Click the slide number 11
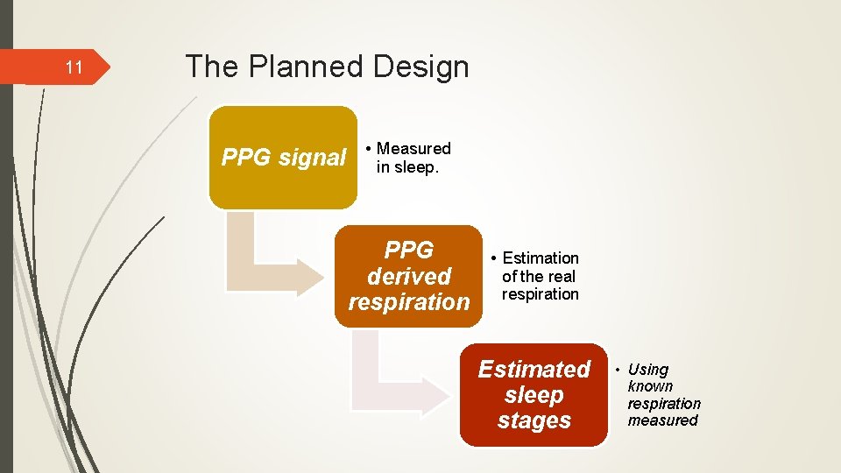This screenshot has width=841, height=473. click(74, 67)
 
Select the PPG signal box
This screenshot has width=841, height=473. click(283, 158)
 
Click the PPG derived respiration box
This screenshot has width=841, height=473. click(408, 276)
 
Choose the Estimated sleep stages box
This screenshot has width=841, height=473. click(534, 395)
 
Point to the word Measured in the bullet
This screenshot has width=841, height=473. click(413, 149)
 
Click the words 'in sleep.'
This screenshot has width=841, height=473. click(406, 167)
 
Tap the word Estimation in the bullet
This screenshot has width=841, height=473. click(541, 258)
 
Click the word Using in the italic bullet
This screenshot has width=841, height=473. click(648, 370)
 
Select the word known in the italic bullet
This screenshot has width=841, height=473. click(650, 386)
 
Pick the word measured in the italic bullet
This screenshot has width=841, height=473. click(662, 420)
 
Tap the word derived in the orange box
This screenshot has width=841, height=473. click(408, 277)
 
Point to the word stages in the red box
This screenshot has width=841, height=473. click(534, 421)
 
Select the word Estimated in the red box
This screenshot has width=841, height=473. click(534, 370)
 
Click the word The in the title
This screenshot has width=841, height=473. click(208, 67)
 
